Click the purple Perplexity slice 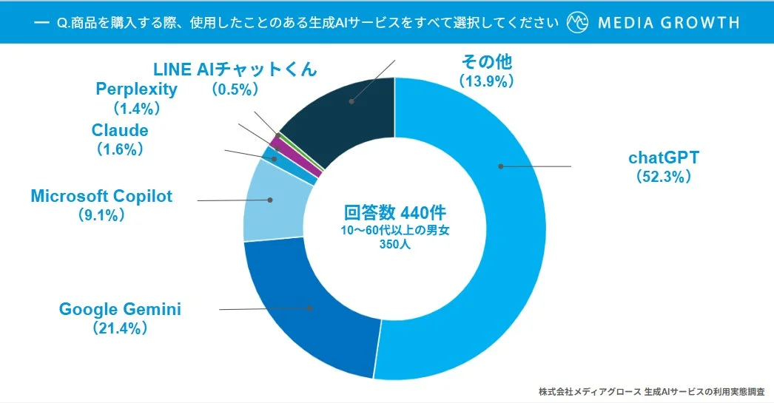tap(276, 140)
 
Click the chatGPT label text tap(663, 158)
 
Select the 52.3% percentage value tap(663, 177)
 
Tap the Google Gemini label tap(120, 309)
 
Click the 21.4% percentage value tap(120, 328)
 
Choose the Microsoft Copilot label tap(101, 196)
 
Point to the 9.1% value tap(101, 215)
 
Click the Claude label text tap(120, 130)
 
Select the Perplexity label tap(137, 89)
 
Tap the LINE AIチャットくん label tap(235, 70)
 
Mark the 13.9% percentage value tap(486, 81)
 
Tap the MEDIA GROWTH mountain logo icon tap(577, 22)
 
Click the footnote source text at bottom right tap(651, 390)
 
